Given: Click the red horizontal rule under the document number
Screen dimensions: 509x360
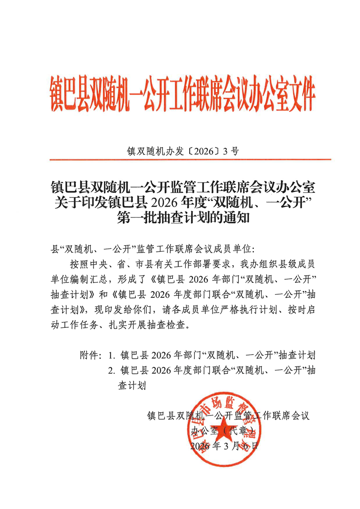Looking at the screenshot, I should [x=190, y=160].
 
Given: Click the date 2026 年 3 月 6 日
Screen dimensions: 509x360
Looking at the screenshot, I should [x=224, y=446].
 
